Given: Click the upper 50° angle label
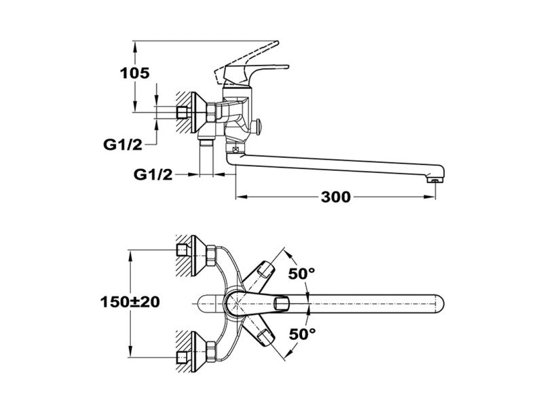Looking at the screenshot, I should point(302,274).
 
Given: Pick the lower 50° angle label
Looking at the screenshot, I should point(302,333).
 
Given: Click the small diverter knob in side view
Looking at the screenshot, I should point(261,127).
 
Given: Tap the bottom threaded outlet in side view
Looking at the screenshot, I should point(208,144).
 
